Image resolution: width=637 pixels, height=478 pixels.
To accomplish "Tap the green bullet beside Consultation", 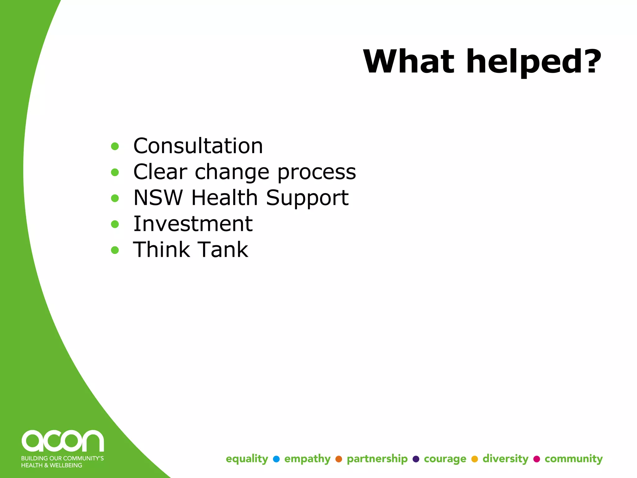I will [x=115, y=146].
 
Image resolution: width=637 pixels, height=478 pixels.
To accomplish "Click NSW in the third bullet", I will [x=158, y=198].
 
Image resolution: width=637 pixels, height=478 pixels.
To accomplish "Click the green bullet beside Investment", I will [x=115, y=224].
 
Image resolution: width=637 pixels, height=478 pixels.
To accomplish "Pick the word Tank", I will [x=223, y=250].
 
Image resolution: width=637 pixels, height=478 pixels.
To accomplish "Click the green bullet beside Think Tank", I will [x=115, y=250].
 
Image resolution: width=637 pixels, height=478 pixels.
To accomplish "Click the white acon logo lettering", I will [x=63, y=441].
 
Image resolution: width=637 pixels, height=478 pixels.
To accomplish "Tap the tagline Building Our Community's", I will [x=62, y=458].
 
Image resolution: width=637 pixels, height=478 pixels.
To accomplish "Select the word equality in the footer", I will [x=247, y=459].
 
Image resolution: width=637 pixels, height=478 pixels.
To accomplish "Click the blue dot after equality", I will [x=276, y=459].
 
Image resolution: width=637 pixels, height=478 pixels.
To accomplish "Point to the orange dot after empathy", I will [x=339, y=459].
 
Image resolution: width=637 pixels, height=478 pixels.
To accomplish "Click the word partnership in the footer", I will [x=377, y=459].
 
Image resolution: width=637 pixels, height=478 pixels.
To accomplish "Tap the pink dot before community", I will [x=537, y=459].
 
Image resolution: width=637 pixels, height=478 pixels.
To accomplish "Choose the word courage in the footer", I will [x=445, y=459].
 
